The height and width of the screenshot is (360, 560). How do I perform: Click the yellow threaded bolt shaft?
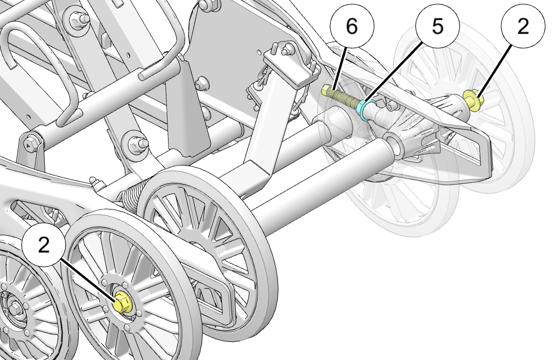pyautogui.click(x=344, y=99)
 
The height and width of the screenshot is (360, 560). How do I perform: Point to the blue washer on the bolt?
pyautogui.click(x=364, y=109)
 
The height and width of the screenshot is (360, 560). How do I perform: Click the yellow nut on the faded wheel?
pyautogui.click(x=472, y=99)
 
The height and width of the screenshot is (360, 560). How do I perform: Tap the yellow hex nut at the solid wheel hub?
pyautogui.click(x=123, y=303)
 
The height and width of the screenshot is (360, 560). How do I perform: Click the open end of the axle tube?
pyautogui.click(x=393, y=142)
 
